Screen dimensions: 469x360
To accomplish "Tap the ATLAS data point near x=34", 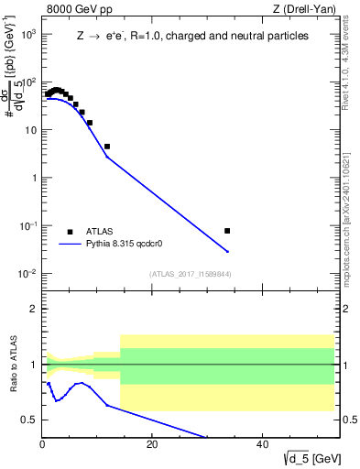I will (x=227, y=231).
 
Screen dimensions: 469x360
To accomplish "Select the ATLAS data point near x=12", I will (x=107, y=147).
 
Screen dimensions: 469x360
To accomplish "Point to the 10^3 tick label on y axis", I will (x=27, y=34).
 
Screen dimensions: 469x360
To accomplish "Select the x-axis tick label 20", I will (x=152, y=446).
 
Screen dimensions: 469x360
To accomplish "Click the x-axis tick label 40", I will (x=263, y=446).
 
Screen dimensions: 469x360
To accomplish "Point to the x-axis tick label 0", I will (x=42, y=446).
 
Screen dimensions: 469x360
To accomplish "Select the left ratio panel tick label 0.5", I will (x=30, y=420).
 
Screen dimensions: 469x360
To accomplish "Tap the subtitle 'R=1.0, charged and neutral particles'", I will (x=215, y=36).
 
